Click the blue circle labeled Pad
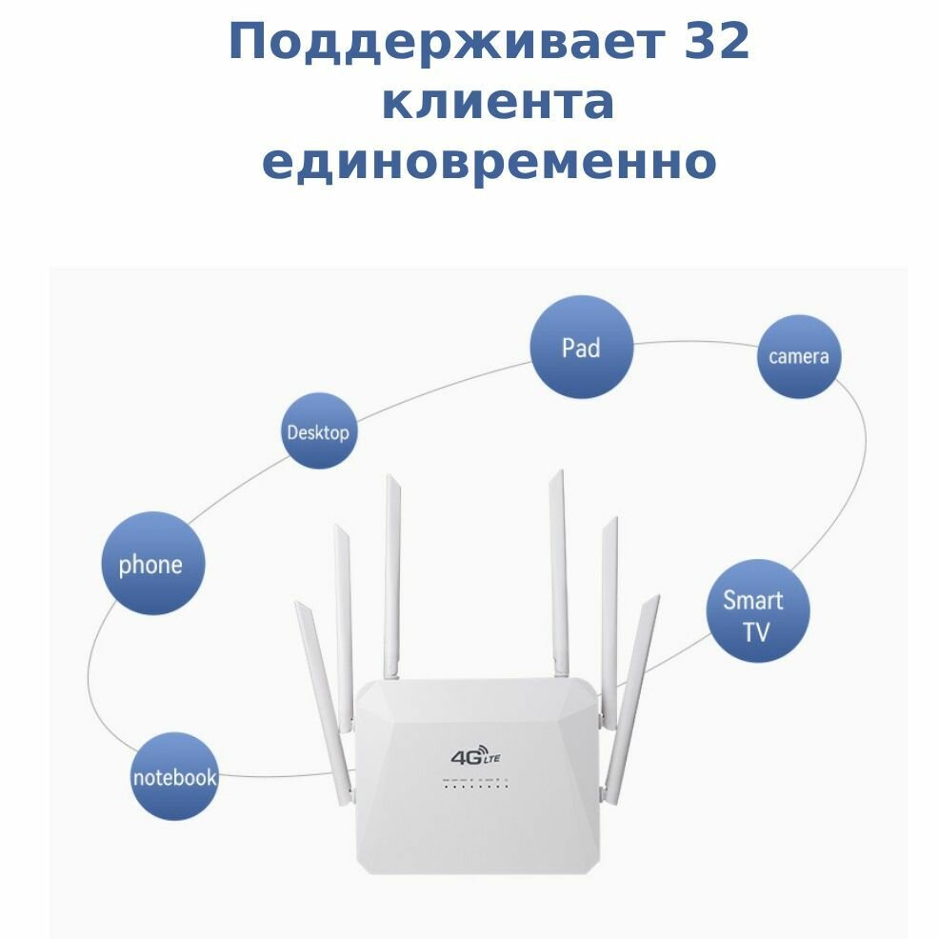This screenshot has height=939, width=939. pos(581,348)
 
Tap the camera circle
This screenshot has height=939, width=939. pos(799,356)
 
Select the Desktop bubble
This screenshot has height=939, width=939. pos(318,431)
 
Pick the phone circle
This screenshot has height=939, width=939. pos(150,565)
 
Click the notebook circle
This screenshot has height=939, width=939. pos(174,776)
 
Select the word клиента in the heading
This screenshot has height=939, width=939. pos(497,103)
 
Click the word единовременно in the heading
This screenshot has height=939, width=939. pos(489,162)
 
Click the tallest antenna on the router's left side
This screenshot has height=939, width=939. pos(391,571)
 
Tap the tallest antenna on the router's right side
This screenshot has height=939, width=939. pos(558,571)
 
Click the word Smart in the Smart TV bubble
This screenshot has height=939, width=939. pos(752,600)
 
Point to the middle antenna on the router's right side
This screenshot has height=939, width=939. pos(609,609)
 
